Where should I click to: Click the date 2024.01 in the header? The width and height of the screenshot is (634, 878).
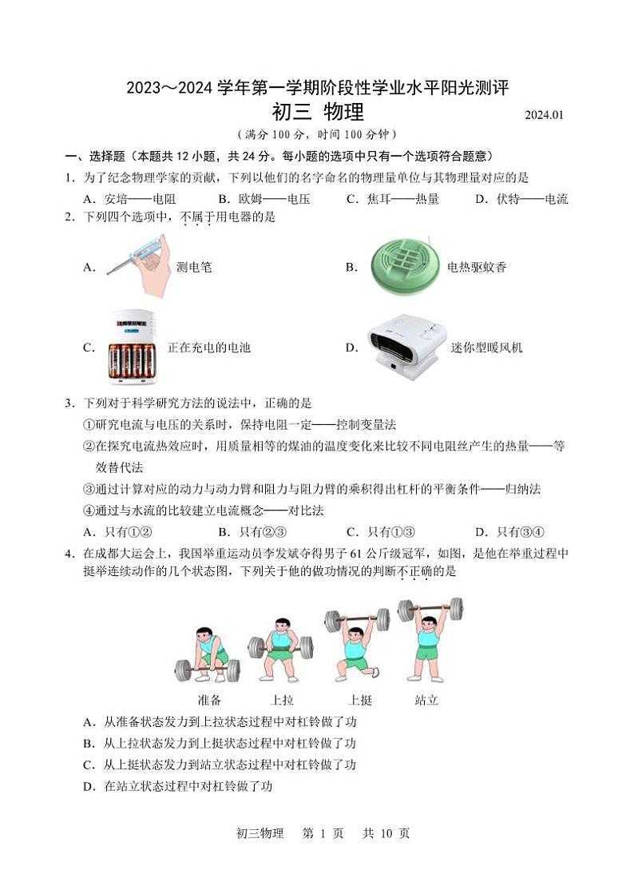coord(544,115)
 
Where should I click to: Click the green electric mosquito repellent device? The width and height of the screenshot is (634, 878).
coord(406,266)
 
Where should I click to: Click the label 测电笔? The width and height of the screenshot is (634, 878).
coord(194,268)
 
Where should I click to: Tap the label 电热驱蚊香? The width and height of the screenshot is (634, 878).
coord(477,268)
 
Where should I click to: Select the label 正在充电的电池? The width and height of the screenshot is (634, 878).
coord(209,348)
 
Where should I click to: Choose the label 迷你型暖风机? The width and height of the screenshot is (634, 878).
coord(487,348)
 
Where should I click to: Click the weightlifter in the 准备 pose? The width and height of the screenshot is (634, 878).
coord(207,654)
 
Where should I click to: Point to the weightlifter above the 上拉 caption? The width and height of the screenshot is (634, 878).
coord(280,649)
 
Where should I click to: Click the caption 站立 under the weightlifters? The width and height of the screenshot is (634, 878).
coord(426,701)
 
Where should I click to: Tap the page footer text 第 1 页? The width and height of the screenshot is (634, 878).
coord(323,833)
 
